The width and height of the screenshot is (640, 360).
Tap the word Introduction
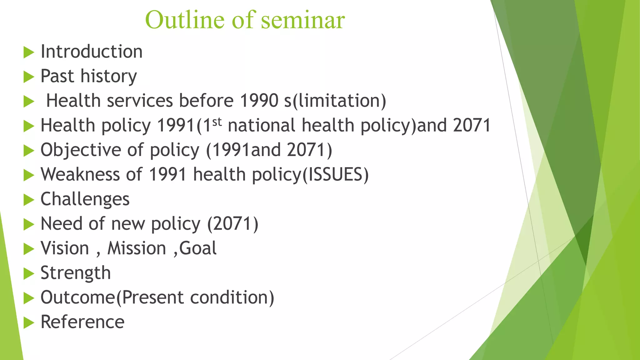(x=92, y=52)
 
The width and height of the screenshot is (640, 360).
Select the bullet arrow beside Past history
(x=28, y=77)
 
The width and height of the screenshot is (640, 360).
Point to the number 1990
(x=259, y=101)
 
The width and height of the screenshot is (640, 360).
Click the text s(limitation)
(x=335, y=101)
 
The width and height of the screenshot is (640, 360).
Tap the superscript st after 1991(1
(x=217, y=121)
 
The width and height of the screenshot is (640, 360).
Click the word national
(x=261, y=125)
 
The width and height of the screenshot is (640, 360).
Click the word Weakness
(x=80, y=174)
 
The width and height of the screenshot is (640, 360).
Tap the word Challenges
(x=85, y=199)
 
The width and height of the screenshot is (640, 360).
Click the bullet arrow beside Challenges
(x=28, y=200)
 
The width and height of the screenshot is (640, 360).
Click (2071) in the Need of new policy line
(x=233, y=224)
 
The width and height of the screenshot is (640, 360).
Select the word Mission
(x=137, y=248)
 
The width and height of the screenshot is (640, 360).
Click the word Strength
(x=76, y=273)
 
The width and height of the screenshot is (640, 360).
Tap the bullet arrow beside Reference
(x=28, y=322)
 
